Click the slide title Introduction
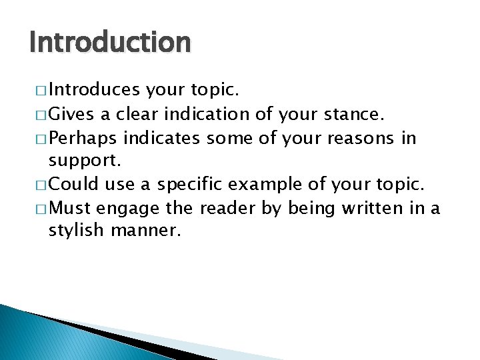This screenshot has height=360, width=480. click(110, 43)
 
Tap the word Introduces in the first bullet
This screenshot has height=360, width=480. click(93, 89)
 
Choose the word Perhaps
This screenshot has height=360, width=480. click(83, 138)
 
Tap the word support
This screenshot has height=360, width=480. click(77, 161)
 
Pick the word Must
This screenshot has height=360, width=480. click(71, 209)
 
